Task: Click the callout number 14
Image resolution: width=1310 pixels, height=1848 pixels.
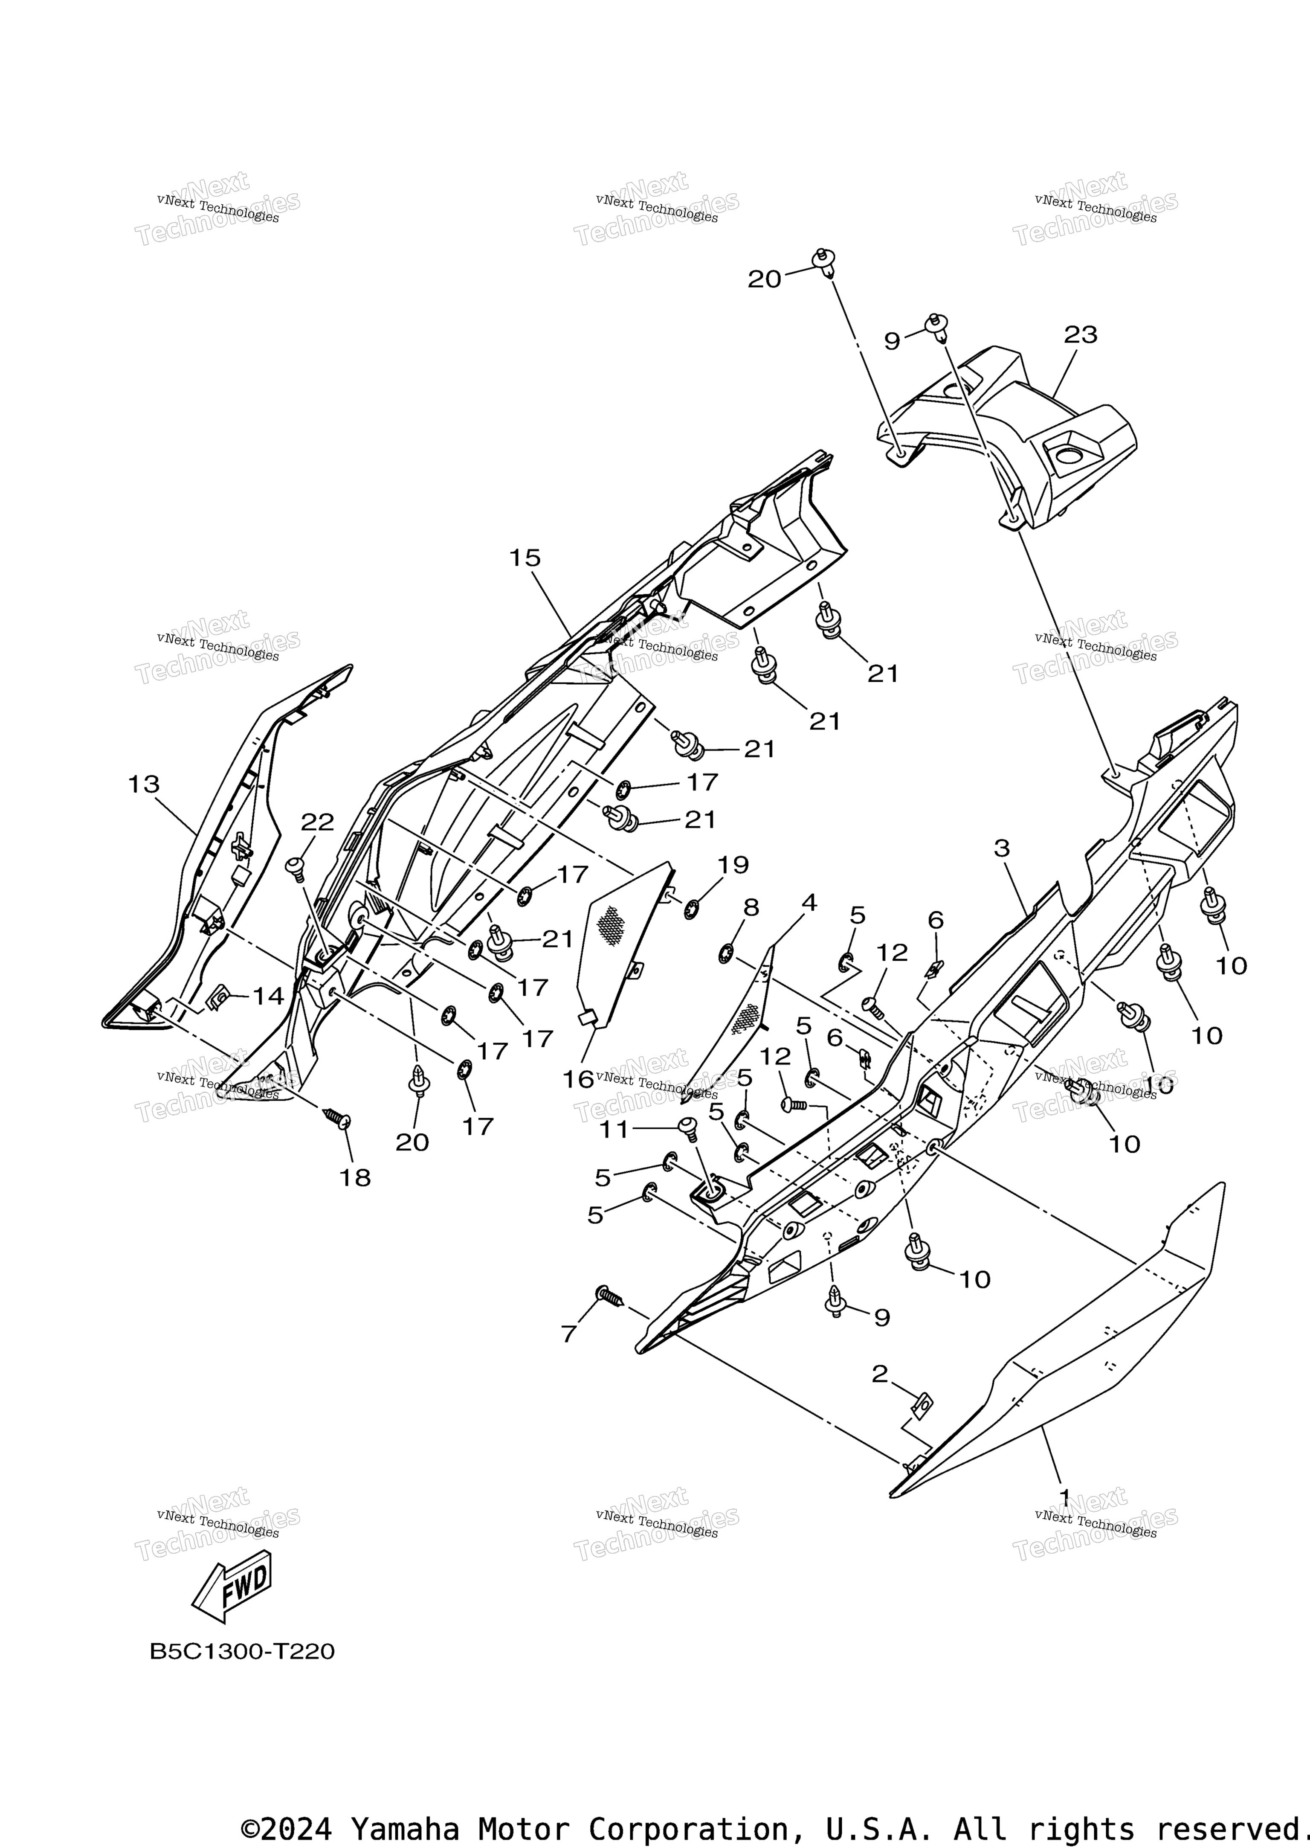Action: tap(269, 997)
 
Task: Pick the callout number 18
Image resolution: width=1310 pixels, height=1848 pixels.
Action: tap(355, 1178)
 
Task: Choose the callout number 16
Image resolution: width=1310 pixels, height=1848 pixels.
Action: tap(577, 1079)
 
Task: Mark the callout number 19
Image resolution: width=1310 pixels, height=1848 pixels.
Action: tap(733, 865)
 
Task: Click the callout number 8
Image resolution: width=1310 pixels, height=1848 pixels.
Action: tap(751, 908)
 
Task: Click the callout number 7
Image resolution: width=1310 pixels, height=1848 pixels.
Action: tap(569, 1335)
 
